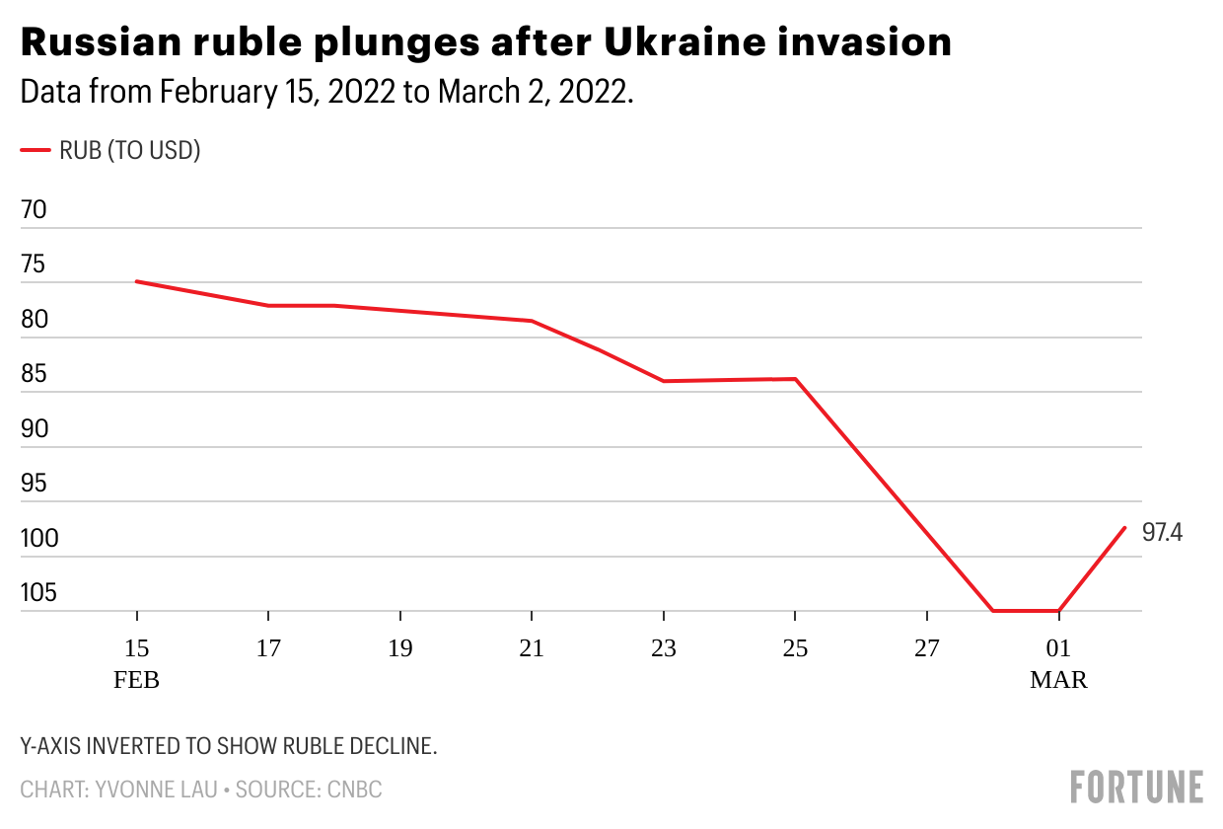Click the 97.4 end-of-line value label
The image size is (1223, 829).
click(x=1162, y=533)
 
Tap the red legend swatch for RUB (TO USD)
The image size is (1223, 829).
click(x=36, y=150)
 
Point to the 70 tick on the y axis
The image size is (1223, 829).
click(x=35, y=210)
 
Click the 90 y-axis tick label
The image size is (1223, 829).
click(x=35, y=429)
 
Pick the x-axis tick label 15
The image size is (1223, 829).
click(x=136, y=648)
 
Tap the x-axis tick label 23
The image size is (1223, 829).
click(x=664, y=648)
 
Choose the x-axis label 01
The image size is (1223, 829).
click(x=1058, y=648)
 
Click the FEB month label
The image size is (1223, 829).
click(x=136, y=680)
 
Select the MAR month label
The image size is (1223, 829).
click(x=1058, y=680)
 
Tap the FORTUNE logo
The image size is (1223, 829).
click(x=1136, y=787)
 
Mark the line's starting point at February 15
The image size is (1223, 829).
click(x=136, y=281)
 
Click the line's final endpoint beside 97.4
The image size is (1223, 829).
click(x=1124, y=527)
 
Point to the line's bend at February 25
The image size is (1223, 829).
click(x=795, y=379)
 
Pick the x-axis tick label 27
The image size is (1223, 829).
click(x=927, y=648)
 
